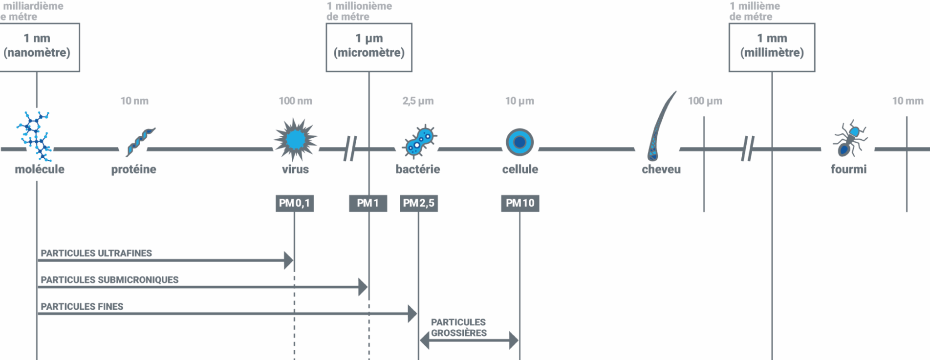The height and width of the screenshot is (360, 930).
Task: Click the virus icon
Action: point(295,140)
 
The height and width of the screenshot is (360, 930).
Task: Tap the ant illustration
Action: point(850,139)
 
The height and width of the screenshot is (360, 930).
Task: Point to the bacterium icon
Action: point(419,142)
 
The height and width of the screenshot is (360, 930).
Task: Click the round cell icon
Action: point(519,142)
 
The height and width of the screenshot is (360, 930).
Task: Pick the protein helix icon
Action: point(140,141)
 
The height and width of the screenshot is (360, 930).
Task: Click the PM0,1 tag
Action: point(294,203)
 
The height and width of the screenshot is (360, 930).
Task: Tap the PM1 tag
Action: point(368,203)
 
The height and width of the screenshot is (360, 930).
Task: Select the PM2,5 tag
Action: point(418,203)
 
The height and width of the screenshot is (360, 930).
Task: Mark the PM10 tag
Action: point(520,203)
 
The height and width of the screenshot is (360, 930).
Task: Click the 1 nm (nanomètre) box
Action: point(38,47)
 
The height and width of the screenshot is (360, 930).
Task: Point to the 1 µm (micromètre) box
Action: point(369,47)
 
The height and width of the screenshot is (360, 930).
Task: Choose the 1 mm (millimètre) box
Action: point(772,47)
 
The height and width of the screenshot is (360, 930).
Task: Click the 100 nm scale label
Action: point(295,101)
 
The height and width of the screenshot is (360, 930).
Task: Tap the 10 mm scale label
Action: point(908,101)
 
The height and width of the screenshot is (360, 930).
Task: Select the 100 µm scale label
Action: point(705,101)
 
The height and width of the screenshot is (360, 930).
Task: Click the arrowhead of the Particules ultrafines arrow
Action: point(289,260)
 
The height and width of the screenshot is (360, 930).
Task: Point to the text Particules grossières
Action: point(458,328)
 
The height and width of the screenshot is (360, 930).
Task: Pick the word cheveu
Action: point(661,169)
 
